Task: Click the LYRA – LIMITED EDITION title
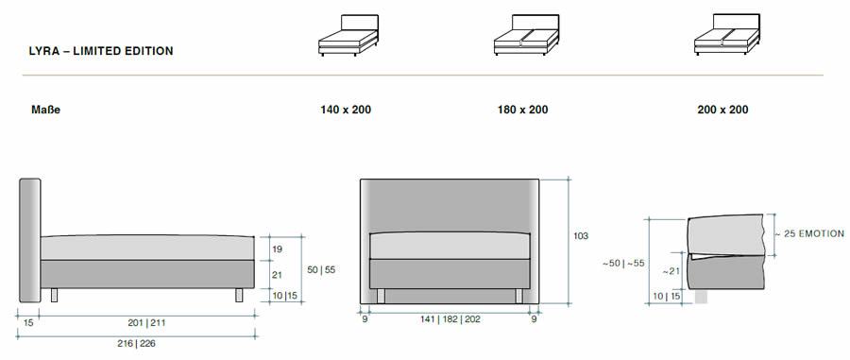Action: pyautogui.click(x=101, y=51)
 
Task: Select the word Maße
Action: pyautogui.click(x=45, y=110)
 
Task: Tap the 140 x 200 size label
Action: pyautogui.click(x=346, y=110)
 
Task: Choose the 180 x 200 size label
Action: pyautogui.click(x=522, y=110)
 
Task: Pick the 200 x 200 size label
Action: pyautogui.click(x=722, y=110)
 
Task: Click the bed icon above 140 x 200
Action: pyautogui.click(x=348, y=35)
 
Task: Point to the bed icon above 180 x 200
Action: pyautogui.click(x=526, y=35)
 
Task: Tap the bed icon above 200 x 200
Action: pyautogui.click(x=726, y=35)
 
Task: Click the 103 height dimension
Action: pyautogui.click(x=581, y=236)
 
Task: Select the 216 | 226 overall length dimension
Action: pyautogui.click(x=136, y=343)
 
